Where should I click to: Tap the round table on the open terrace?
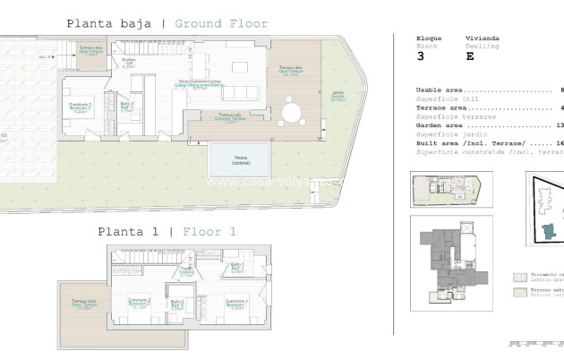(293, 112)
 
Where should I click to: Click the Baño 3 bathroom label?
(126, 106)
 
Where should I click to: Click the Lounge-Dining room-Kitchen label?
(202, 85)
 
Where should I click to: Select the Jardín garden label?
(338, 97)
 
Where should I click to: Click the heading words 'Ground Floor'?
(221, 23)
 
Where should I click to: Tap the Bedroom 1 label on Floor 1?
(235, 304)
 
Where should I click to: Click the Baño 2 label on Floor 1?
(177, 304)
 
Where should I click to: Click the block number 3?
(421, 56)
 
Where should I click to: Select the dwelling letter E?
(470, 56)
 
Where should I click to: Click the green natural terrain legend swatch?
(519, 292)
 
